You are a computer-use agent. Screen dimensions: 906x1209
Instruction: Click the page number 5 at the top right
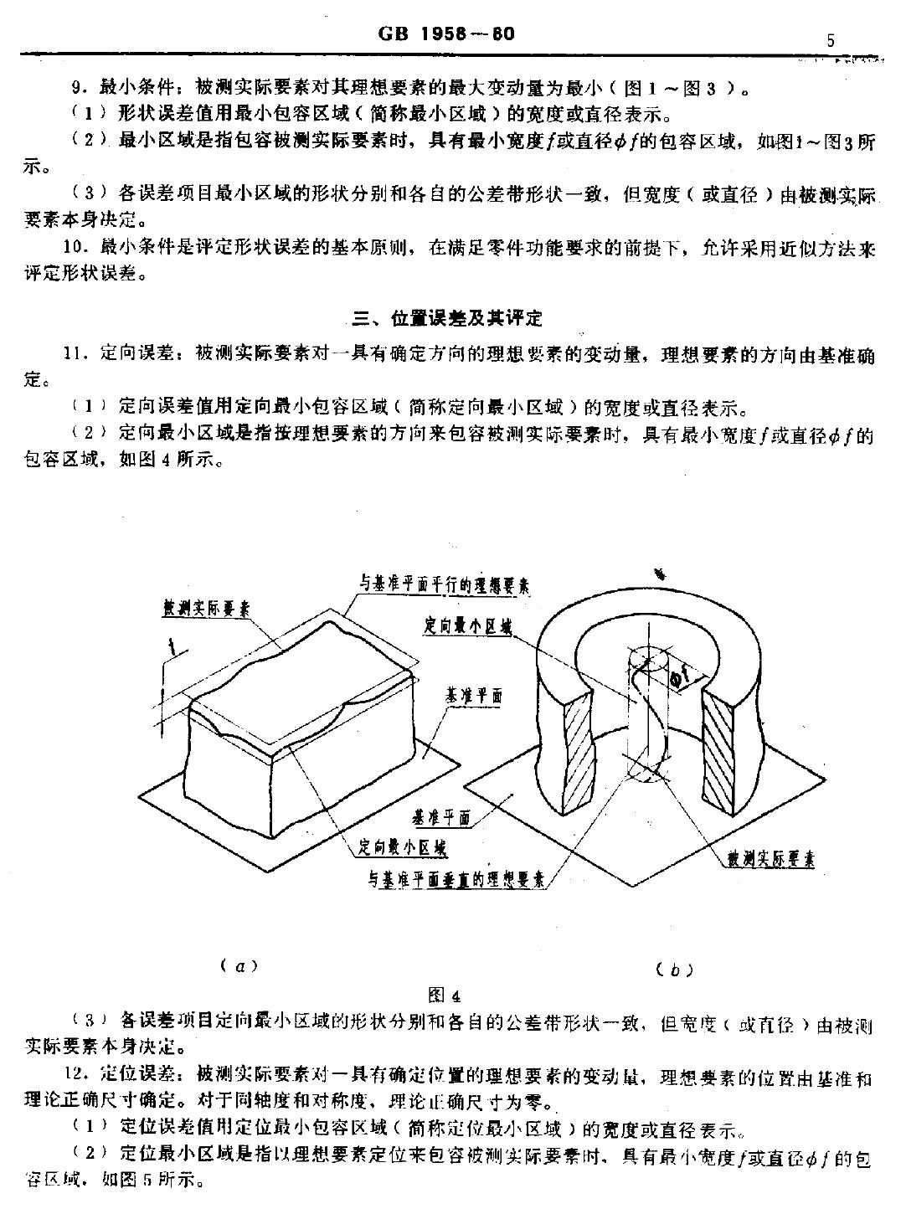830,40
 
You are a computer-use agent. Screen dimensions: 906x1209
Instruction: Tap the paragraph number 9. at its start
80,88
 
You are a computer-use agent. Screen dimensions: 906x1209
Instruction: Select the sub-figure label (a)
240,965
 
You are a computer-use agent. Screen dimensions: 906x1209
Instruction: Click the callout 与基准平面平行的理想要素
445,585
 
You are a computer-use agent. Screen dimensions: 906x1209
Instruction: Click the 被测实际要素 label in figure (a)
206,610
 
